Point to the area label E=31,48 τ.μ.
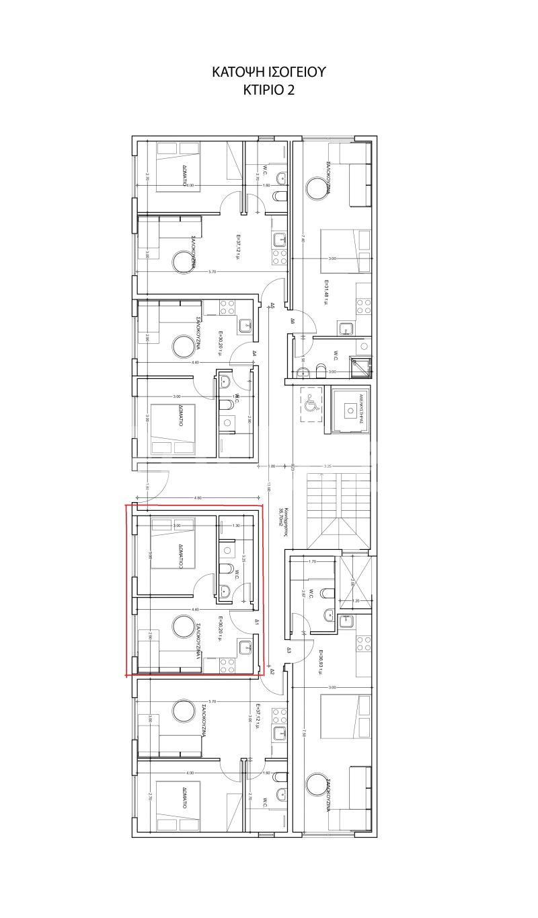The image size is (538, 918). point(327,293)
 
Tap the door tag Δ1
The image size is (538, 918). point(257,623)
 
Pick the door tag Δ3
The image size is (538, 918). point(289,650)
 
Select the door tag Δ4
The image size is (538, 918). point(255,353)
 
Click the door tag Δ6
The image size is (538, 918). point(293,322)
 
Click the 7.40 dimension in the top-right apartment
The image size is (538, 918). point(303,240)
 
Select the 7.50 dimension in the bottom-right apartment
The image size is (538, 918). point(304,732)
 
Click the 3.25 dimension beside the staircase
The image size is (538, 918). point(328,466)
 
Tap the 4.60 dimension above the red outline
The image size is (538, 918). point(198,498)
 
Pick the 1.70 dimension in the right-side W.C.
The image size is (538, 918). point(311,561)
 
